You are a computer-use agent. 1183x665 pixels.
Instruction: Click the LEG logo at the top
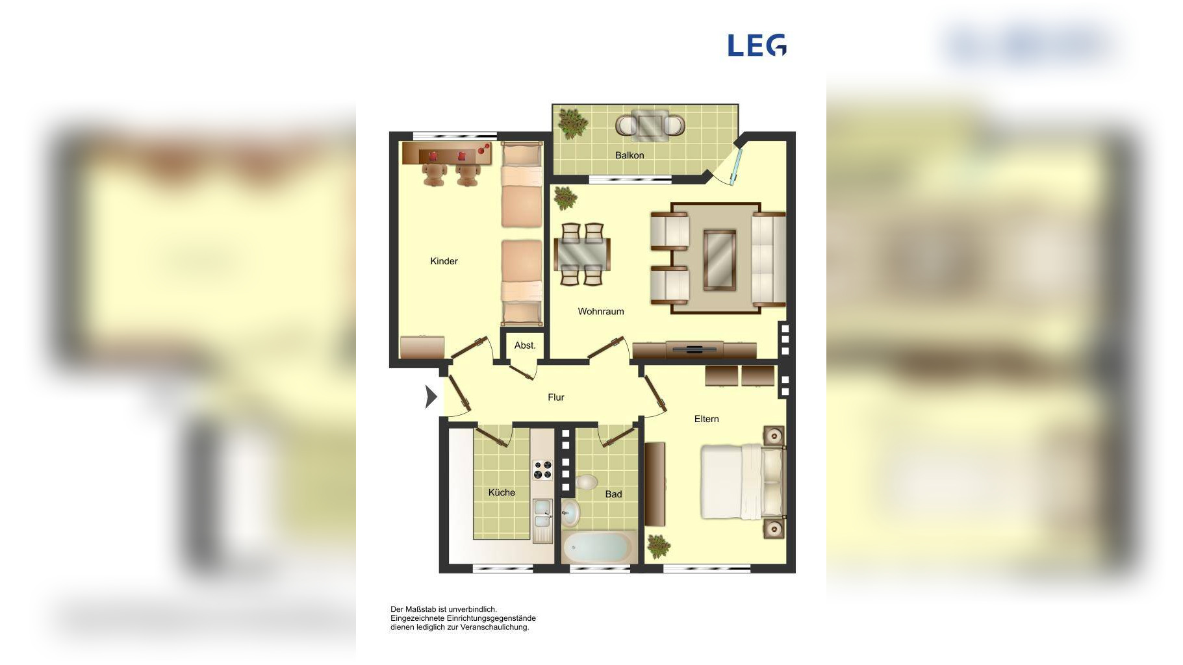[x=757, y=45]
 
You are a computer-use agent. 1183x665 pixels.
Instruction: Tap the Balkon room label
[x=630, y=155]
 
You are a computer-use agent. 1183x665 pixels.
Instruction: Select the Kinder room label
[x=444, y=261]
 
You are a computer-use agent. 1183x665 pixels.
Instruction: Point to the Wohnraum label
[x=601, y=312]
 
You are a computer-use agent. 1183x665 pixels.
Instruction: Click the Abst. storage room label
[x=525, y=345]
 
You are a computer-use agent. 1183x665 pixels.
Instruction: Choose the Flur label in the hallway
[x=556, y=397]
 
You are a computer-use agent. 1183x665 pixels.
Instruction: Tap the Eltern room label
[x=706, y=419]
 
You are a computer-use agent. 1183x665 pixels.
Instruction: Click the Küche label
[x=502, y=492]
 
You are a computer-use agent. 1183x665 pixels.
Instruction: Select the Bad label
[x=613, y=494]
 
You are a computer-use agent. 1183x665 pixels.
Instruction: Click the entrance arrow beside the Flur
[x=431, y=397]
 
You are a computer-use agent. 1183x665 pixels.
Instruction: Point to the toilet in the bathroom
[x=586, y=483]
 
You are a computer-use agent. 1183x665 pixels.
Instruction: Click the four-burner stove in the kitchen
[x=542, y=470]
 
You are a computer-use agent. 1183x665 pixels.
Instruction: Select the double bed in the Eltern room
[x=743, y=481]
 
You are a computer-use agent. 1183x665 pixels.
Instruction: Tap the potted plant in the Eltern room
[x=659, y=546]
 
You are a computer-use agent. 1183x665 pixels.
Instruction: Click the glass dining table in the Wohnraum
[x=582, y=253]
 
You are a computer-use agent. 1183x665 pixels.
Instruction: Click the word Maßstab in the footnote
[x=420, y=609]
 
